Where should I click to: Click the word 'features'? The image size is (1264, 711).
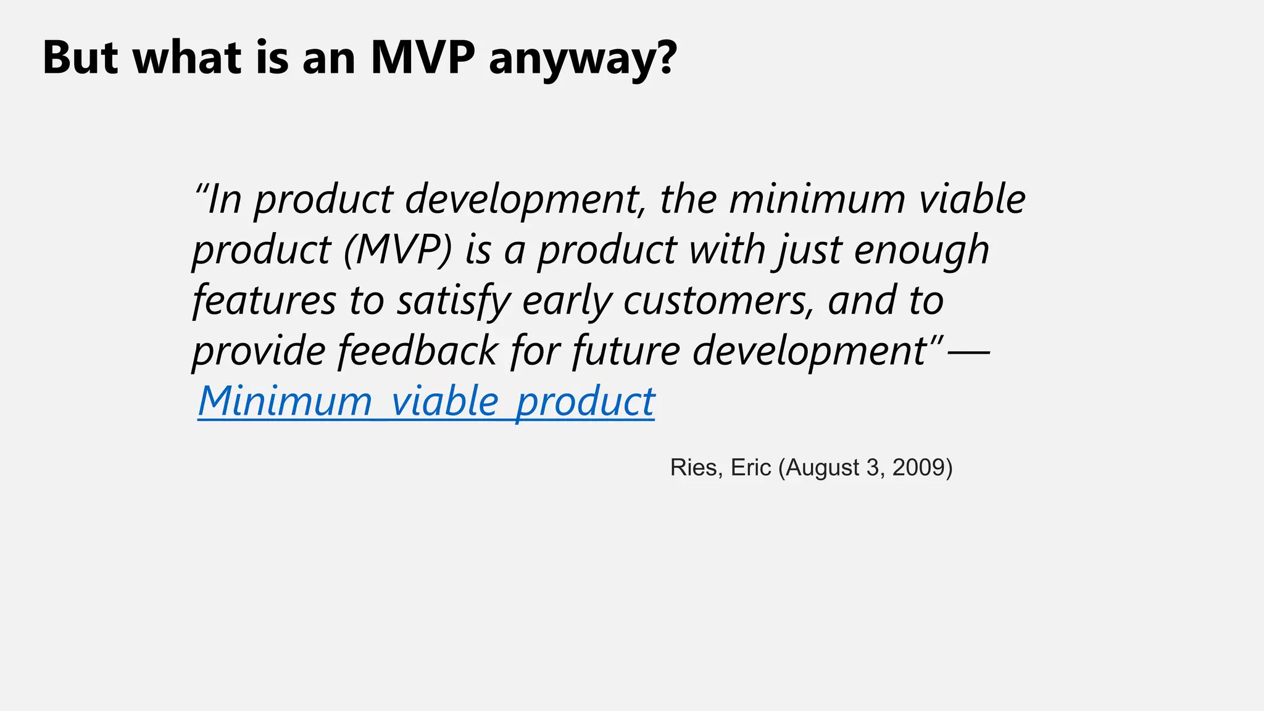pos(264,301)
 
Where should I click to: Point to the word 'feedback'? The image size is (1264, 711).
pos(418,351)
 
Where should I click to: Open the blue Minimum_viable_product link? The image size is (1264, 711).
pos(426,402)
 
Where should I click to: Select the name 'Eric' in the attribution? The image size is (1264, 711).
pos(750,468)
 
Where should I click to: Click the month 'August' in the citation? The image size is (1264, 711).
pos(821,468)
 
